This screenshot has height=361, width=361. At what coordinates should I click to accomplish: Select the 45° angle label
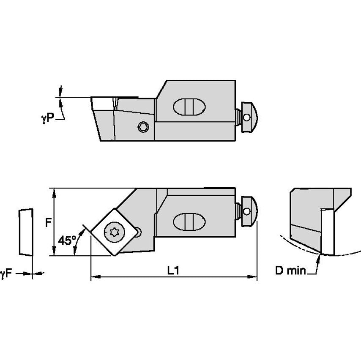(66, 241)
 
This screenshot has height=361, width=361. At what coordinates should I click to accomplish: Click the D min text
(290, 271)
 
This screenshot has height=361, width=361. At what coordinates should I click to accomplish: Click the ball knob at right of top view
(250, 115)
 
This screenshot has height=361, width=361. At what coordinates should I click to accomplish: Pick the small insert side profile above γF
(25, 232)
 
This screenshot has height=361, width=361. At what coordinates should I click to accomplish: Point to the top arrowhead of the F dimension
(54, 191)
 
